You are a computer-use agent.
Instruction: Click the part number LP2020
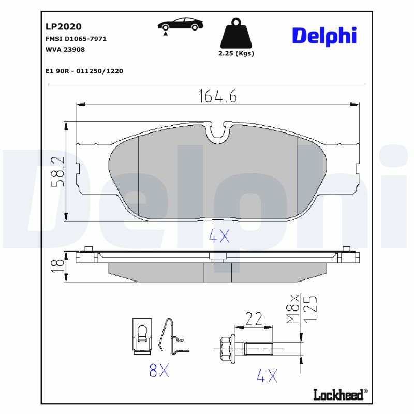tap(64, 26)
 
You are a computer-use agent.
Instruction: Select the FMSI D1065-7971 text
tap(76, 39)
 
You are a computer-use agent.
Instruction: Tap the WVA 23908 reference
tap(66, 50)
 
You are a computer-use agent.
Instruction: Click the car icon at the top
tap(180, 24)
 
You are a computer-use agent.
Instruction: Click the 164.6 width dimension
tap(217, 96)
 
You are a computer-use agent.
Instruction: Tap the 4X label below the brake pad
tap(218, 236)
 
